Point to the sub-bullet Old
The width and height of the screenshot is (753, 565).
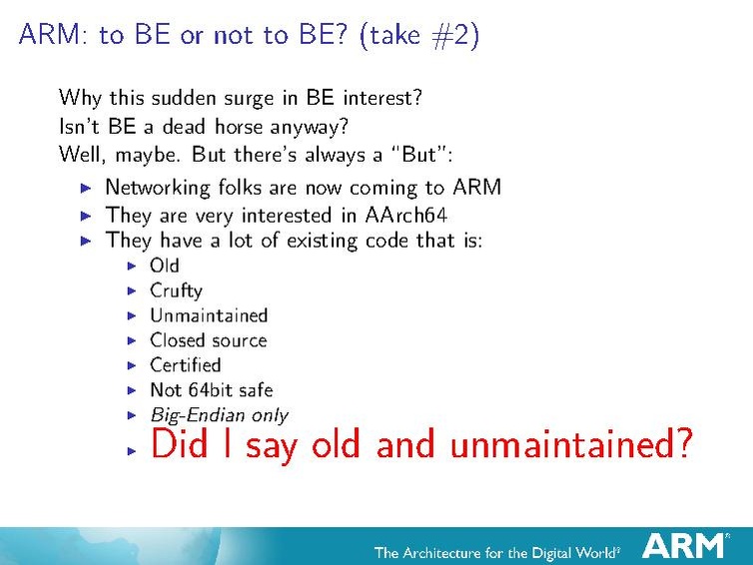click(164, 266)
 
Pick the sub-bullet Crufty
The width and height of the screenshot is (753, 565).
click(176, 290)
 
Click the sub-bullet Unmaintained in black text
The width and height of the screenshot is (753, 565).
click(209, 315)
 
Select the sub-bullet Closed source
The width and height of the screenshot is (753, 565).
click(208, 340)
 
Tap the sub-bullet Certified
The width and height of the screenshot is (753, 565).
click(185, 364)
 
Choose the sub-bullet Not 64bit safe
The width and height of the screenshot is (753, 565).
click(211, 389)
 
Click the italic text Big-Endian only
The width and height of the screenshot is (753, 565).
click(219, 415)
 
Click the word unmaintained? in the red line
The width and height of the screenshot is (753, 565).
click(569, 444)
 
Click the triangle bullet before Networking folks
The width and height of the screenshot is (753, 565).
click(86, 188)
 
